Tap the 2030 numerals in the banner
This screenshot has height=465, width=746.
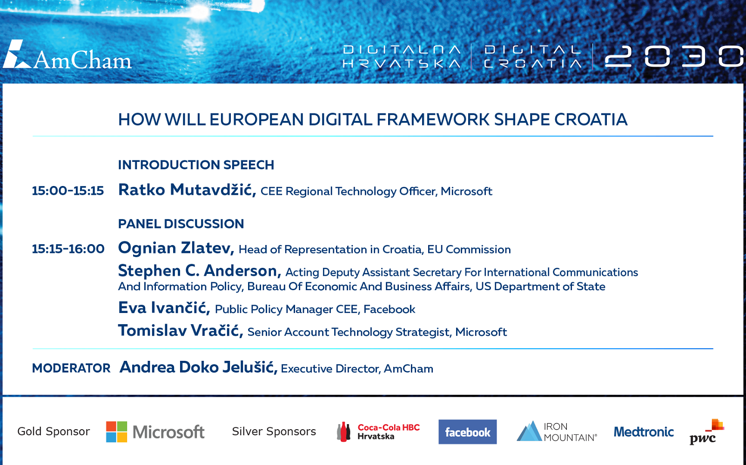click(674, 56)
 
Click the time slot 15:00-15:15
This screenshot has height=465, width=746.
click(68, 191)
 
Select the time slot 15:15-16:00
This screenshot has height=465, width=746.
click(68, 249)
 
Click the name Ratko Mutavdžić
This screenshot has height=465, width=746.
click(187, 190)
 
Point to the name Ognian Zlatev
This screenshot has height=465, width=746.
click(176, 248)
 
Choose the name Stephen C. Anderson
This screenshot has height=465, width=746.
click(200, 271)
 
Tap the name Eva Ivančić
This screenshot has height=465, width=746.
click(164, 308)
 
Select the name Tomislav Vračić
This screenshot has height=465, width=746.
click(181, 331)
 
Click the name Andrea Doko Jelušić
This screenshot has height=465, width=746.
click(199, 367)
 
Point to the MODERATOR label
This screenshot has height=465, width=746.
click(71, 368)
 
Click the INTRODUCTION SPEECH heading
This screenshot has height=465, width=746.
click(196, 165)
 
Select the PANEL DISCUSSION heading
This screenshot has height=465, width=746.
click(181, 224)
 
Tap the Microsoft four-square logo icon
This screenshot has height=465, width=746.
click(116, 432)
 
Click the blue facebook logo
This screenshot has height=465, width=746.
click(468, 432)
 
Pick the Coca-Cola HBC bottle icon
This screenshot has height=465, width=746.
click(344, 432)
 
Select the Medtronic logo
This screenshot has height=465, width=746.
click(644, 432)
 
